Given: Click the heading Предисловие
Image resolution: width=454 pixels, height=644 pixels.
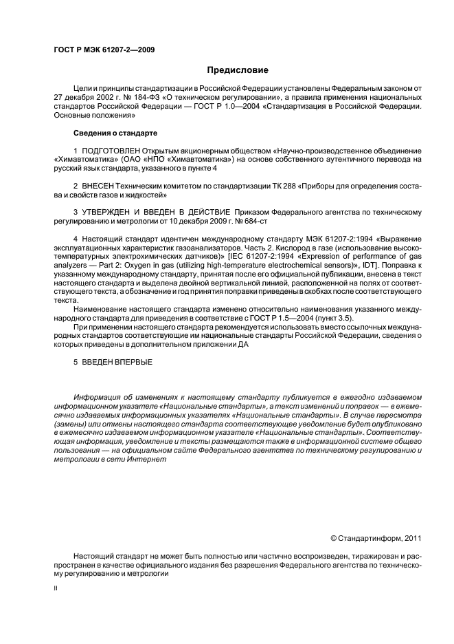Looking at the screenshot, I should click(238, 69).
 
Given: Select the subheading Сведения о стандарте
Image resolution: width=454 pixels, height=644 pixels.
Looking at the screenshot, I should click(115, 131).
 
